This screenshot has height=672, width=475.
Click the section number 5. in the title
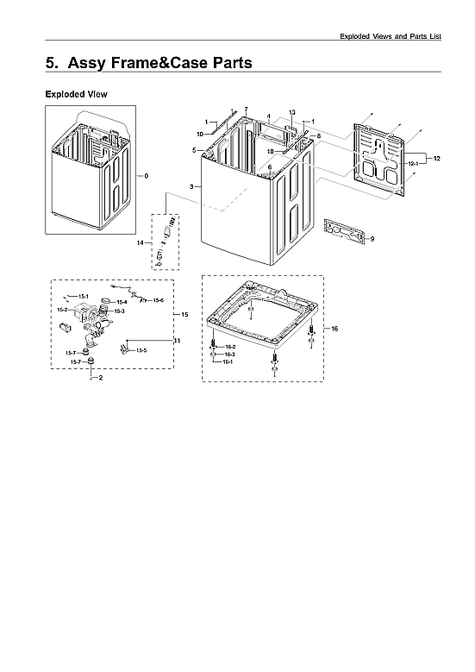pos(53,63)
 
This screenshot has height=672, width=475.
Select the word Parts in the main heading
pos(224,63)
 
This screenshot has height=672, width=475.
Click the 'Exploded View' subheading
pos(75,94)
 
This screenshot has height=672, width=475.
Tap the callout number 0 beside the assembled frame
pos(146,176)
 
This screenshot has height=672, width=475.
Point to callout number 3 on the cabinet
pos(191,186)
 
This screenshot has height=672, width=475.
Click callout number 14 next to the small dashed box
pos(140,244)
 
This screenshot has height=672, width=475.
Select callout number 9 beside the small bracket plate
pos(372,238)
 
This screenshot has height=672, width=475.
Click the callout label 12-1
pos(412,163)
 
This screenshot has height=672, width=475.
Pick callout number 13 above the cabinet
pos(291,113)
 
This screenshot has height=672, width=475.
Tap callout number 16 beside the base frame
pos(334,329)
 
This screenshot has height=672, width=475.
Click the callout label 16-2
pos(230,347)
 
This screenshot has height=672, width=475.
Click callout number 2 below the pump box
pos(101,379)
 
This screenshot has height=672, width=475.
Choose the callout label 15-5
pos(141,350)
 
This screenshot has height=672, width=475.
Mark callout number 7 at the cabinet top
pos(246,110)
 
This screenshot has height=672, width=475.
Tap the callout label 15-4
pos(122,302)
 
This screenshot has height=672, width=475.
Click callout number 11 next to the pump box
pos(178,342)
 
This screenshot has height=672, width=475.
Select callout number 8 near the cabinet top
pos(318,136)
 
